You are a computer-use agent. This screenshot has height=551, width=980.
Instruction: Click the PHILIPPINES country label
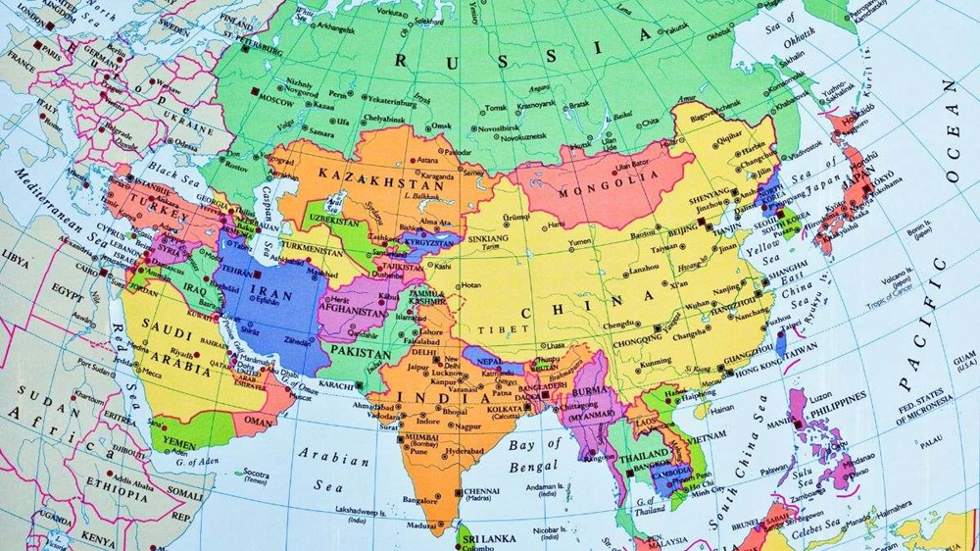pyautogui.click(x=835, y=397)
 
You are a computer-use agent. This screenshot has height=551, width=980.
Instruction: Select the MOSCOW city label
pyautogui.click(x=276, y=101)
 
